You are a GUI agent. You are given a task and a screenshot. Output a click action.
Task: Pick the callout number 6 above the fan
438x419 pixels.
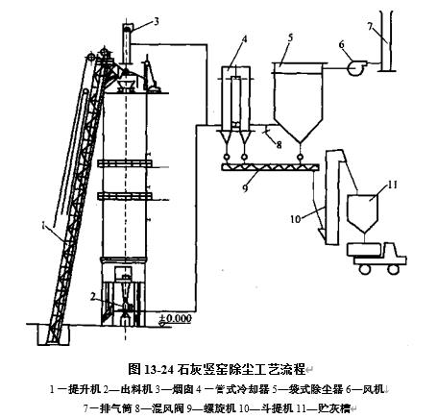pos(340,42)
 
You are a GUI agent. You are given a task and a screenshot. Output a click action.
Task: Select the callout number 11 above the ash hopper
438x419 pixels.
pos(391,182)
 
